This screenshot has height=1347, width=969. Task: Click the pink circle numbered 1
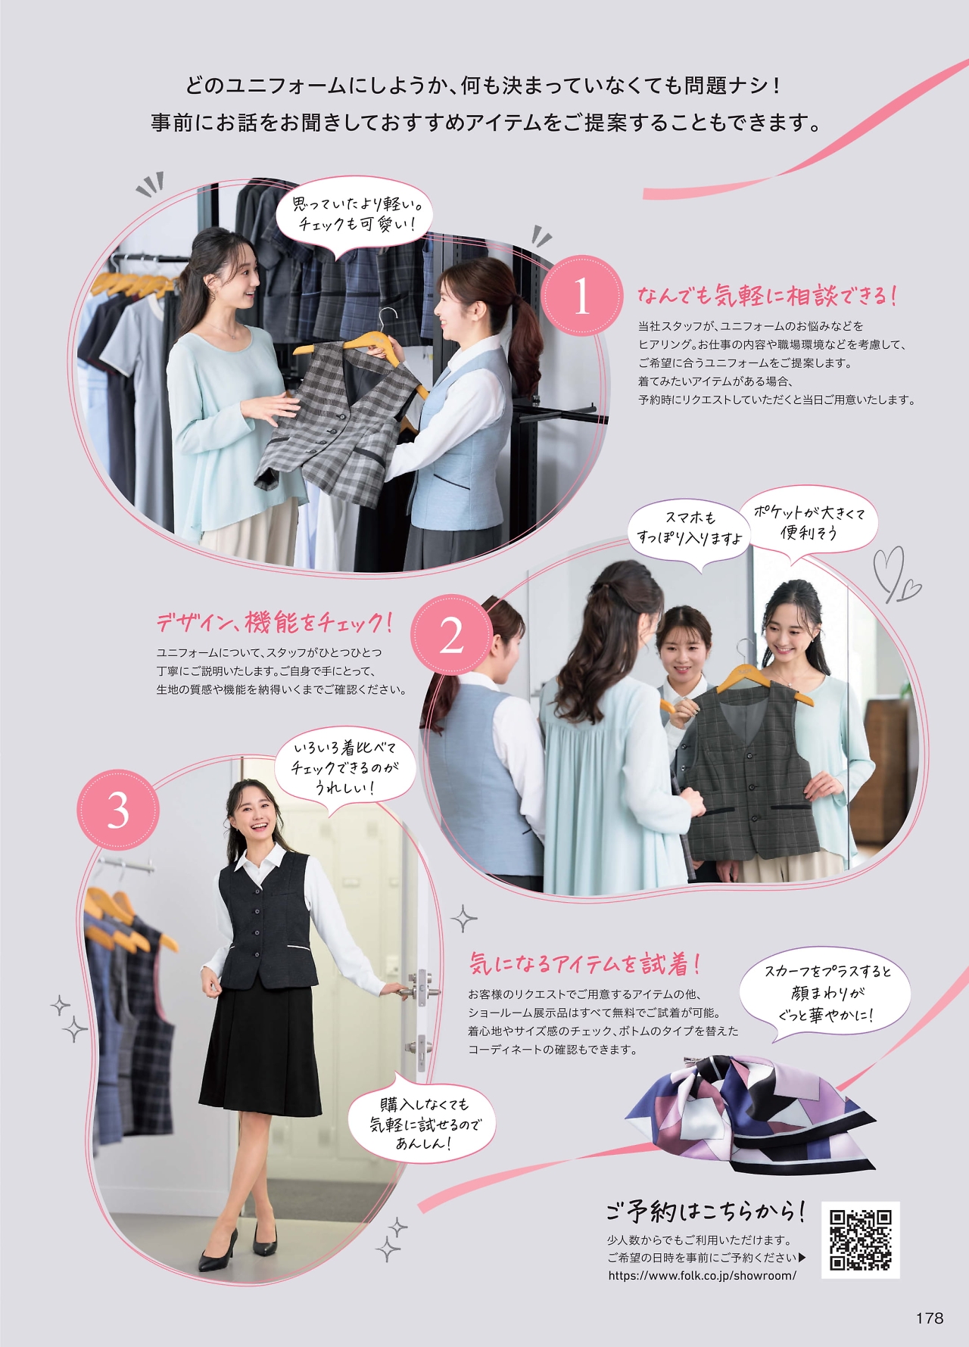(581, 296)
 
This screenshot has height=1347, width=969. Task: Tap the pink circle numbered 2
(452, 635)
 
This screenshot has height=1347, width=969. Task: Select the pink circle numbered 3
(118, 810)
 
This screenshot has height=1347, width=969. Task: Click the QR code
(861, 1239)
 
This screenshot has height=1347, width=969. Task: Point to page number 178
(929, 1317)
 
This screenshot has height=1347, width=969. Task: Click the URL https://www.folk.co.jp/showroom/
(702, 1275)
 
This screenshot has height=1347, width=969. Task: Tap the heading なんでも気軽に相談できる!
(767, 295)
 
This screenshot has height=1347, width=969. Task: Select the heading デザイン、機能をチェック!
(275, 622)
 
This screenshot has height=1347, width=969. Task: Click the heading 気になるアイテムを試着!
(584, 963)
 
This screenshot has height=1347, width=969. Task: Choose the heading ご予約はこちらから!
(705, 1212)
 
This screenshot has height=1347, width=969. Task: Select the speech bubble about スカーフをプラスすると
(826, 992)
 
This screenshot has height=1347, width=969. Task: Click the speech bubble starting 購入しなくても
(422, 1124)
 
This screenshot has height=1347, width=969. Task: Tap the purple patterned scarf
(749, 1112)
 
